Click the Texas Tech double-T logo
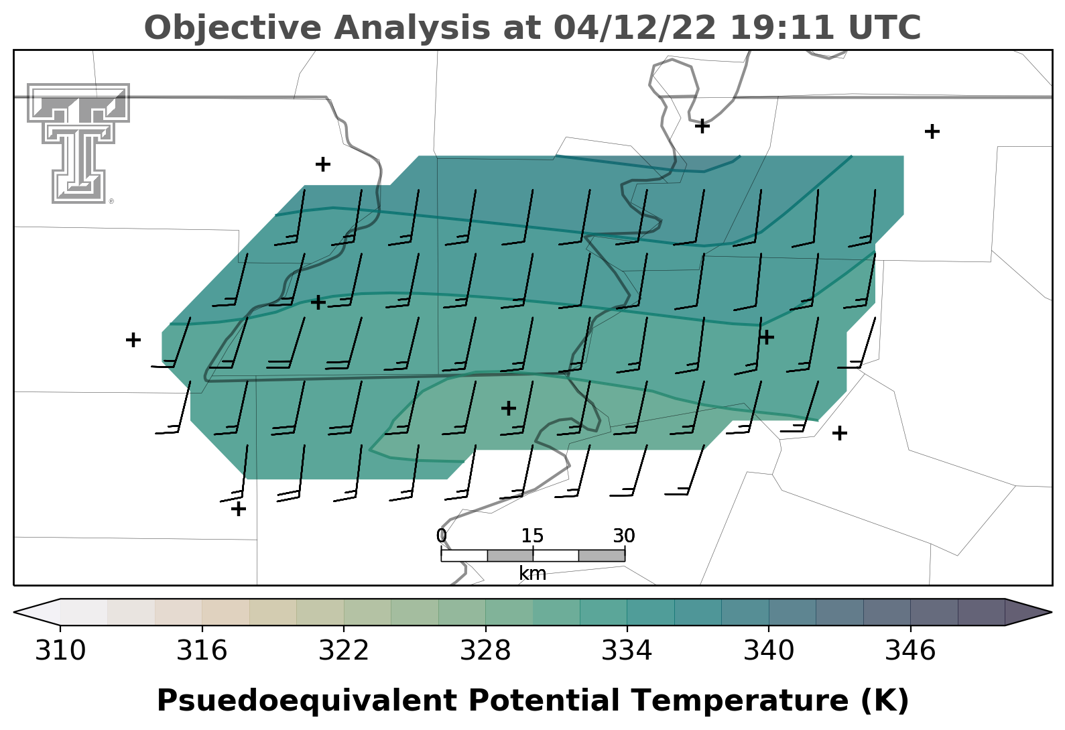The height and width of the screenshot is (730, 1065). click(78, 143)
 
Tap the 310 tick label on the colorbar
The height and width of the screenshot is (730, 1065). click(60, 651)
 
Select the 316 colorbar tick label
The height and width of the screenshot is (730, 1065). click(202, 651)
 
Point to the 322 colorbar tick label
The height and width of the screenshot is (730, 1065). click(344, 651)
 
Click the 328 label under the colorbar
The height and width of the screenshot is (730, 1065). click(485, 651)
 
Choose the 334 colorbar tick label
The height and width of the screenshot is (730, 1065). click(627, 651)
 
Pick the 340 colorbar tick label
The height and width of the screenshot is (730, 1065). click(769, 651)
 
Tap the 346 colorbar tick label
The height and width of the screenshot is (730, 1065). click(910, 651)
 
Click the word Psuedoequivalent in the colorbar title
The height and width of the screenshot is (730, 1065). click(307, 701)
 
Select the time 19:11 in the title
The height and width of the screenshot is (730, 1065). click(782, 27)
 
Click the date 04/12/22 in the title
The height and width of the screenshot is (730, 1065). click(635, 27)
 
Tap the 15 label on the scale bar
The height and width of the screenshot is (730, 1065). click(532, 536)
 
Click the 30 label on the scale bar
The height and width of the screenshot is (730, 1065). click(624, 536)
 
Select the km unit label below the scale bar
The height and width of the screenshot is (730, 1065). click(532, 574)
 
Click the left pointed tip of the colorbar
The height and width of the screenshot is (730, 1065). click(14, 612)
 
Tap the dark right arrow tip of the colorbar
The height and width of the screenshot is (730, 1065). click(1051, 612)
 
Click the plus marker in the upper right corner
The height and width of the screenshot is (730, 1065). click(932, 131)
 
